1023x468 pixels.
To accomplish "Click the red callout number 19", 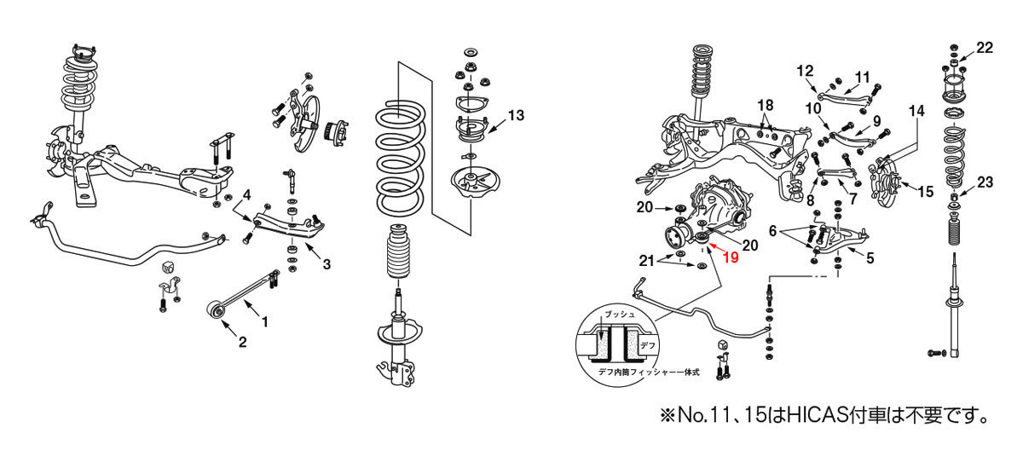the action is (731, 257).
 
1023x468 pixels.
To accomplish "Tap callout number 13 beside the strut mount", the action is (516, 116).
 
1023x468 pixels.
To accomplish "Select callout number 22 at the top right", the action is (985, 48).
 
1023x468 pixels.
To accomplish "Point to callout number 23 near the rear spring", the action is (985, 182).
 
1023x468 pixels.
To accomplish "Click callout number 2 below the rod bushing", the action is (242, 342).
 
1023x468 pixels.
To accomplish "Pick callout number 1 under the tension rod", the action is (264, 322).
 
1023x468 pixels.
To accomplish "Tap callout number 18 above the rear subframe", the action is (766, 106).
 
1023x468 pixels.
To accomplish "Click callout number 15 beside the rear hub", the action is (926, 191).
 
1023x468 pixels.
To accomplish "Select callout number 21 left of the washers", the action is (647, 261).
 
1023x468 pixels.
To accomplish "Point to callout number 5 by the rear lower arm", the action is (870, 258).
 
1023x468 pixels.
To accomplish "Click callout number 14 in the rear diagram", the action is (916, 111).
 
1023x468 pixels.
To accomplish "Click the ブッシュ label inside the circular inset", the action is (619, 314).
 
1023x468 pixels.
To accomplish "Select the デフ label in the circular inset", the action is (648, 345).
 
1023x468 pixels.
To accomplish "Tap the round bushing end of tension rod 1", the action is (216, 310).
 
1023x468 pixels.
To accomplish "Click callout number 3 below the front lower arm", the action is (327, 264).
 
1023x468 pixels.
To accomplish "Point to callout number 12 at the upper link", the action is (805, 71).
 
